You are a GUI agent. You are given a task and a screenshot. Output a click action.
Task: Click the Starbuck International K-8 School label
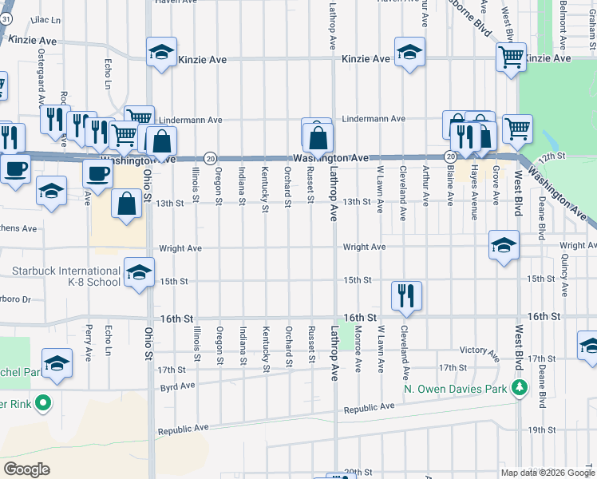(66, 276)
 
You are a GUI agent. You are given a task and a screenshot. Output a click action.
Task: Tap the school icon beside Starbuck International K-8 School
(139, 274)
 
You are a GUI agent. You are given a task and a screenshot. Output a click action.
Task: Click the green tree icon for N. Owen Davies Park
(520, 388)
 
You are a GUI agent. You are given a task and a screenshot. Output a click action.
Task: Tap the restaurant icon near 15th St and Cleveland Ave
(405, 295)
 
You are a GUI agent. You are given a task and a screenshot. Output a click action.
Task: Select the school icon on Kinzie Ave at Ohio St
(161, 53)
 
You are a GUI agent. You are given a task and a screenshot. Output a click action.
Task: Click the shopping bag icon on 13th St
(127, 203)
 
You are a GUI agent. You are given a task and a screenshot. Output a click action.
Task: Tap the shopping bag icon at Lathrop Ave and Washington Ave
(318, 137)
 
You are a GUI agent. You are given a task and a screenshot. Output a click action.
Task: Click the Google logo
(27, 469)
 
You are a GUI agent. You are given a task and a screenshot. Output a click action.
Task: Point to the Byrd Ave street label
(177, 386)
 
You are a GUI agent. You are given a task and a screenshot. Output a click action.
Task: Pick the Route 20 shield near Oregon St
(209, 158)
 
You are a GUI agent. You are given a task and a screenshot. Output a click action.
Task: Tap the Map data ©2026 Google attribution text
(547, 473)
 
